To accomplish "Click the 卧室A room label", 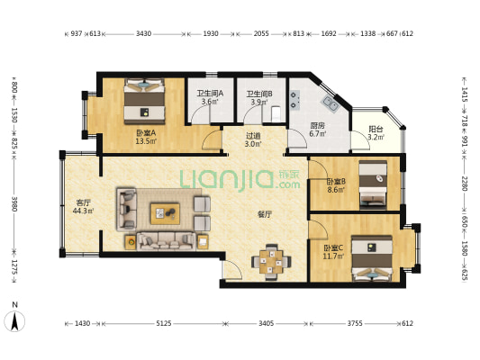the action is click(146, 133).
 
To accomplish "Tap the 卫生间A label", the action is click(210, 94).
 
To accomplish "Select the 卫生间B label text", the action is click(259, 94).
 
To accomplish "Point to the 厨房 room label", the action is click(317, 125).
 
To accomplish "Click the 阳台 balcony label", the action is click(376, 129).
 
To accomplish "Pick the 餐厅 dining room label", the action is click(265, 214).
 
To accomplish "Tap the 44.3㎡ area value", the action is click(83, 211).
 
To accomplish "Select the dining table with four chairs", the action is click(271, 262).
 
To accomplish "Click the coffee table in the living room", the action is click(165, 214).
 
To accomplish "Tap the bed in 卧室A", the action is click(144, 101).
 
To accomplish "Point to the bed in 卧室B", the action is click(373, 184).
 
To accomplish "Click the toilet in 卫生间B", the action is click(276, 112).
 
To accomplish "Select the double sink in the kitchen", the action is click(330, 103).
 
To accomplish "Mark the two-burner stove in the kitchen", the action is click(294, 100).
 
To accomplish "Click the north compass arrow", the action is click(14, 320).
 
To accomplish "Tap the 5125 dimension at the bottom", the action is click(164, 323).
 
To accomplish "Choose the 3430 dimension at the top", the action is click(143, 33).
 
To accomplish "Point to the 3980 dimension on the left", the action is click(14, 203).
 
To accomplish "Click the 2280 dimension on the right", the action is click(465, 184).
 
